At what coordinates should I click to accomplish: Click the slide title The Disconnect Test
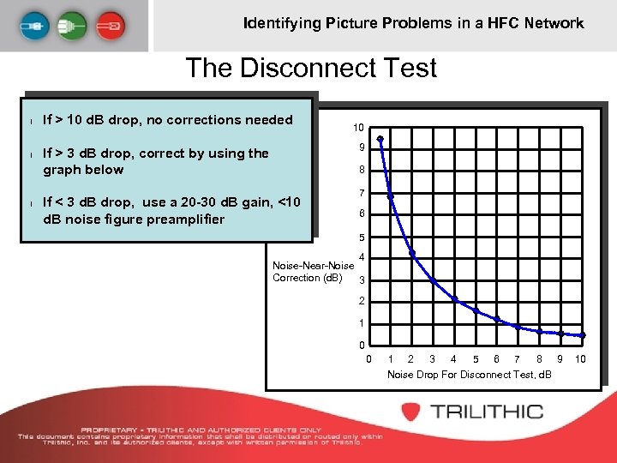(x=311, y=68)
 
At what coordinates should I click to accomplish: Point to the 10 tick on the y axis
(x=358, y=127)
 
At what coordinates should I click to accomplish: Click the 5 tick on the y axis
(x=362, y=238)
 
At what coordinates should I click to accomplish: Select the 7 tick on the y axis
(x=362, y=193)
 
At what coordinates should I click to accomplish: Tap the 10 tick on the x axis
(x=580, y=358)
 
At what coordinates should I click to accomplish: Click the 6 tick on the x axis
(x=497, y=358)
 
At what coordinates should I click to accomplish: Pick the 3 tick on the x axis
(x=432, y=358)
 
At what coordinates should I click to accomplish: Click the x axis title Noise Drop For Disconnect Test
(x=470, y=375)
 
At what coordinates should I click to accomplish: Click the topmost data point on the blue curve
(x=380, y=140)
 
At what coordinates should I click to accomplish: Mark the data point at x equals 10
(x=582, y=335)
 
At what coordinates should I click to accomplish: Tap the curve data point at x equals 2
(x=412, y=253)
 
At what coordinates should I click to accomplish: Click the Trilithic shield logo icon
(x=409, y=411)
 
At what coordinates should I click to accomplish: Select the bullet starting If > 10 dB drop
(x=167, y=120)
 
